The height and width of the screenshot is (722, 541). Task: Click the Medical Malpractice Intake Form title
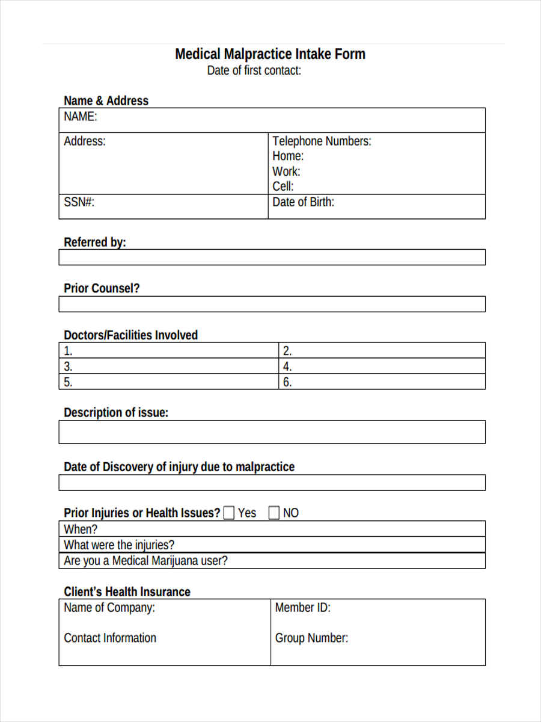(270, 54)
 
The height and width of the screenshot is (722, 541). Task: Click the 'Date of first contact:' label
(254, 70)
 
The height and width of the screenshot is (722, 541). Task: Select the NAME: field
(272, 120)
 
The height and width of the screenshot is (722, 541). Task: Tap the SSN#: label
(79, 202)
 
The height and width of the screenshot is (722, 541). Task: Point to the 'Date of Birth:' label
(303, 202)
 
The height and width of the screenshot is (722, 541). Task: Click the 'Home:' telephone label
(288, 156)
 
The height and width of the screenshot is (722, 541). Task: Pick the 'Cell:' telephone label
(283, 187)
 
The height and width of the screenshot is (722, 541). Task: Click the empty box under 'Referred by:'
(272, 258)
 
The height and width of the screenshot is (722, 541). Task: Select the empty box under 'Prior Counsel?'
(272, 304)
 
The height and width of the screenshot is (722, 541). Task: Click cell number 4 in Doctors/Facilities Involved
(382, 366)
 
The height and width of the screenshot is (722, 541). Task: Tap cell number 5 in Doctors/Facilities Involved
(168, 382)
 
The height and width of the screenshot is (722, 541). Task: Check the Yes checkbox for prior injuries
(229, 513)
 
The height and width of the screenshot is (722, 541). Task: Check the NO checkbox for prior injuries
(274, 513)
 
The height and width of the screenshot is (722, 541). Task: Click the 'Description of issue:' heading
(116, 413)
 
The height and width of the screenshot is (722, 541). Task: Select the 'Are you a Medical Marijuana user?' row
(272, 561)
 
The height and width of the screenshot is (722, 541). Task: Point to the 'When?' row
(272, 529)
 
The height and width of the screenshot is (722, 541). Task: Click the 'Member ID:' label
(302, 608)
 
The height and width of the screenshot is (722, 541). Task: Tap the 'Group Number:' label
(311, 638)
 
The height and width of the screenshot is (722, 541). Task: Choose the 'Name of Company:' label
(109, 608)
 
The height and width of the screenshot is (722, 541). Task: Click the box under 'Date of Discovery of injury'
(272, 483)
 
